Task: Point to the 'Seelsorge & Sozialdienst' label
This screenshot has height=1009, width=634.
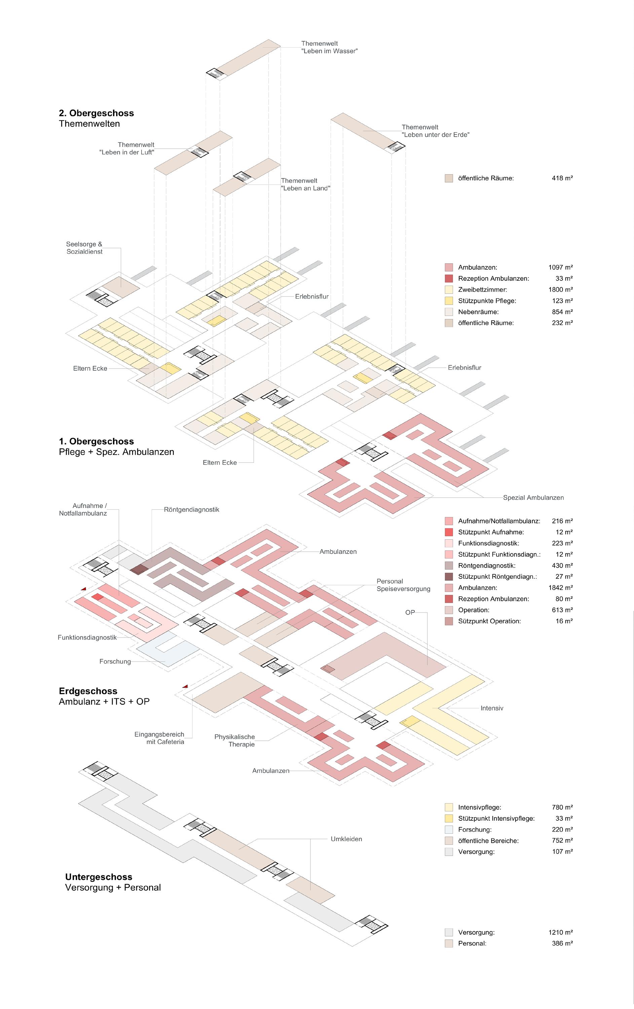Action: [x=84, y=248]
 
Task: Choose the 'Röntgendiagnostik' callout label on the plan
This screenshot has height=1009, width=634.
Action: [x=191, y=509]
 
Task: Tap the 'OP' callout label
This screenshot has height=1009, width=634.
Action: [x=410, y=612]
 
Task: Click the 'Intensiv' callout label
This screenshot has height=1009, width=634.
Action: [x=491, y=708]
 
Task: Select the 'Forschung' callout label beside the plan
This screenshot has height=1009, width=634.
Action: [x=115, y=661]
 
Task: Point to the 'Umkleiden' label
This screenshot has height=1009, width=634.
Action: [x=346, y=839]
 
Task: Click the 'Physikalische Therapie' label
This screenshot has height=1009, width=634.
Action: [x=235, y=740]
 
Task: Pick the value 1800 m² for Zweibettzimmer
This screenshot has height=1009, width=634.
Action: [x=560, y=289]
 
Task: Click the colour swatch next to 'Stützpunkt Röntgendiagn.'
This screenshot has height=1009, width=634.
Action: [x=449, y=577]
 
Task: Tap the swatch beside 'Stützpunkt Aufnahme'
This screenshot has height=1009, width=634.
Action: [x=449, y=532]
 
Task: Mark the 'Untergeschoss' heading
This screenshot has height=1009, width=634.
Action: [x=99, y=877]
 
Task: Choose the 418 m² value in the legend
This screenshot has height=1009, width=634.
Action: [x=562, y=178]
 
